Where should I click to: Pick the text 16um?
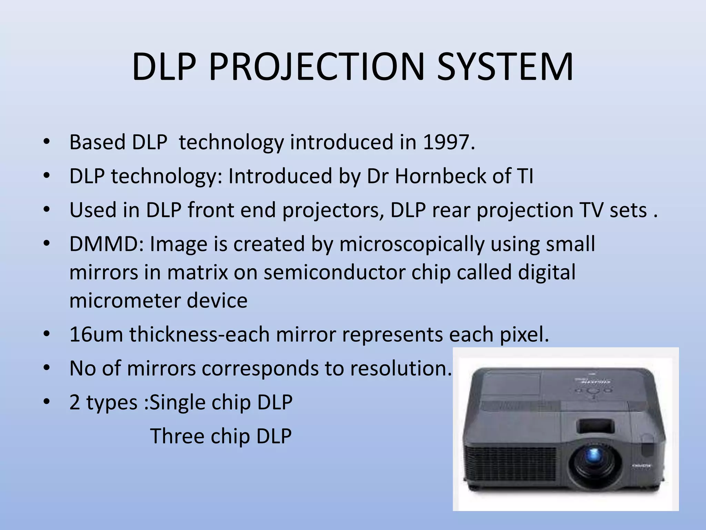point(96,334)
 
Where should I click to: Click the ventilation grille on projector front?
point(510,462)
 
